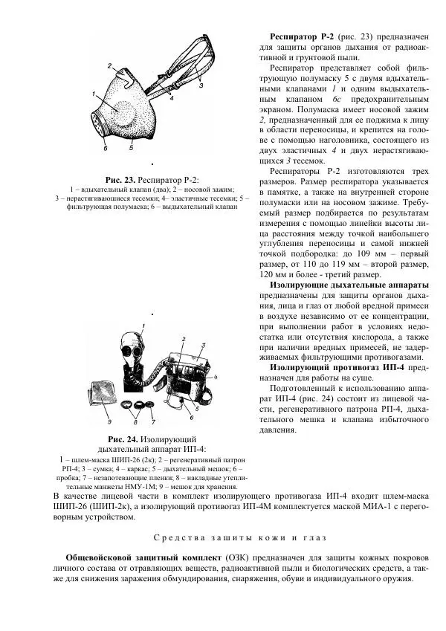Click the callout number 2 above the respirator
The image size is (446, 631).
[109, 66]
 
